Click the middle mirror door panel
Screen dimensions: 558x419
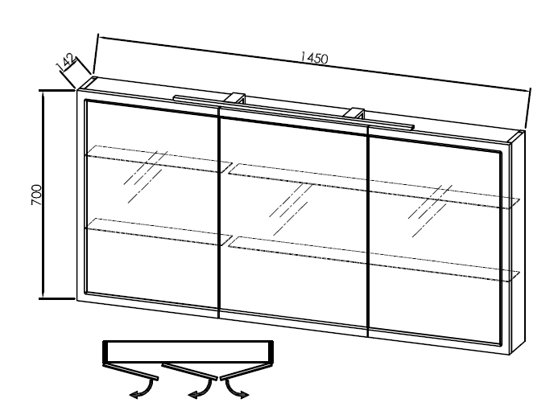pyautogui.click(x=293, y=273)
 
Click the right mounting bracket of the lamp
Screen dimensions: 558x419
pyautogui.click(x=354, y=113)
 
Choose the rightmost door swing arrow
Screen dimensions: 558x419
pyautogui.click(x=238, y=392)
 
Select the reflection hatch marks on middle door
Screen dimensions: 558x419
pyautogui.click(x=290, y=205)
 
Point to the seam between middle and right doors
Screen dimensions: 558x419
pyautogui.click(x=367, y=225)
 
